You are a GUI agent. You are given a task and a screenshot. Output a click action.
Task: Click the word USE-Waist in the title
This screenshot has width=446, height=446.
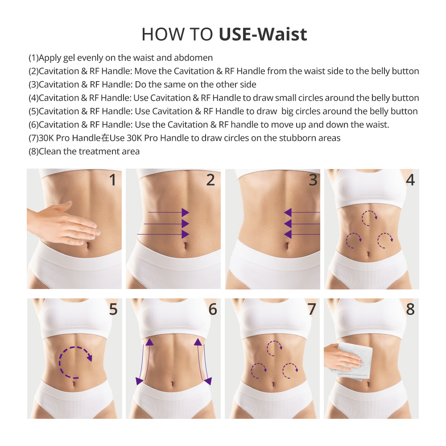(263, 34)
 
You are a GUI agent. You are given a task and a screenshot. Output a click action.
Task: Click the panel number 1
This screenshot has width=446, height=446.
(112, 180)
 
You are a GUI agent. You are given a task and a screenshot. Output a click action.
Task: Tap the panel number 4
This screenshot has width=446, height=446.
(410, 180)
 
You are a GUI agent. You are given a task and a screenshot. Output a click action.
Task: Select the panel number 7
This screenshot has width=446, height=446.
(311, 309)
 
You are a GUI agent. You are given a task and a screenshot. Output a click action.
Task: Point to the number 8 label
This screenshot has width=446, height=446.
(410, 309)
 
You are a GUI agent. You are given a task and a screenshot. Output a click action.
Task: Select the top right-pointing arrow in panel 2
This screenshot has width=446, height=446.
(169, 212)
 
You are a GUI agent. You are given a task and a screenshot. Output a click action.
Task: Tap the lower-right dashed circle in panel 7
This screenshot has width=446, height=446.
(290, 370)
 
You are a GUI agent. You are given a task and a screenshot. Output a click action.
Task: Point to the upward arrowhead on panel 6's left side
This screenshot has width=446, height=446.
(149, 342)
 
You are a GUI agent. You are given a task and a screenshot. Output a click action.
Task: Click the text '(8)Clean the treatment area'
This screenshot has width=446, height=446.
(84, 151)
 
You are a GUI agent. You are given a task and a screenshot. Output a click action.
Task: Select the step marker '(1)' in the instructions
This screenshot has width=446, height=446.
(33, 58)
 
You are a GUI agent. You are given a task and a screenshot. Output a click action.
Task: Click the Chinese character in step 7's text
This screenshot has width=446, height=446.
(105, 138)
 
